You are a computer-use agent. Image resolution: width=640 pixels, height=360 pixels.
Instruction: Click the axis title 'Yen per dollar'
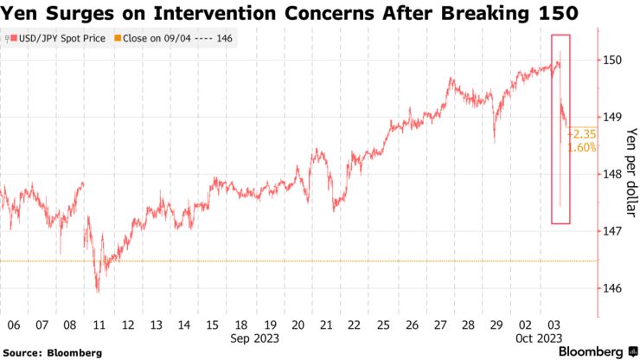pyautogui.click(x=630, y=173)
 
